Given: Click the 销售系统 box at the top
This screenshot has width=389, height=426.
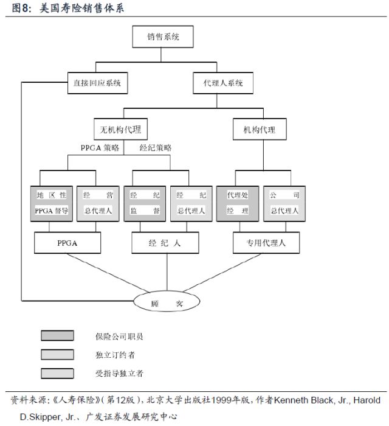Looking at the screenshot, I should tap(163, 37).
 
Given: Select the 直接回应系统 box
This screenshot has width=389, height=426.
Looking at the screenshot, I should tap(97, 83).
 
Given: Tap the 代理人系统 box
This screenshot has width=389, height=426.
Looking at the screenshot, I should tap(223, 83).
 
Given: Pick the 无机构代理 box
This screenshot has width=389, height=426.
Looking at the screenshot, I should tap(124, 130).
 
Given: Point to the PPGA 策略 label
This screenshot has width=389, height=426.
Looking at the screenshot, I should tap(100, 147).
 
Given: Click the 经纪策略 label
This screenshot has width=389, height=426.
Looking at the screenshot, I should tap(156, 147).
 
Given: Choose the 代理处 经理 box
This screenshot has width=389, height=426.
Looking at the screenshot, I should tap(238, 203).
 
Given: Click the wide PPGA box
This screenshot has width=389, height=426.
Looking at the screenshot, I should tap(67, 243).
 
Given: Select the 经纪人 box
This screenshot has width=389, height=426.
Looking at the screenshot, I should tap(165, 243).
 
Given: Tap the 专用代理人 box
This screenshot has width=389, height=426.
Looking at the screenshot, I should tap(265, 243).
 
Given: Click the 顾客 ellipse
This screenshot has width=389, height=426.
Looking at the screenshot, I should tap(167, 302).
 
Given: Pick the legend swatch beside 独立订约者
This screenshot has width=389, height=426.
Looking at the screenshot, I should tap(58, 354).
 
